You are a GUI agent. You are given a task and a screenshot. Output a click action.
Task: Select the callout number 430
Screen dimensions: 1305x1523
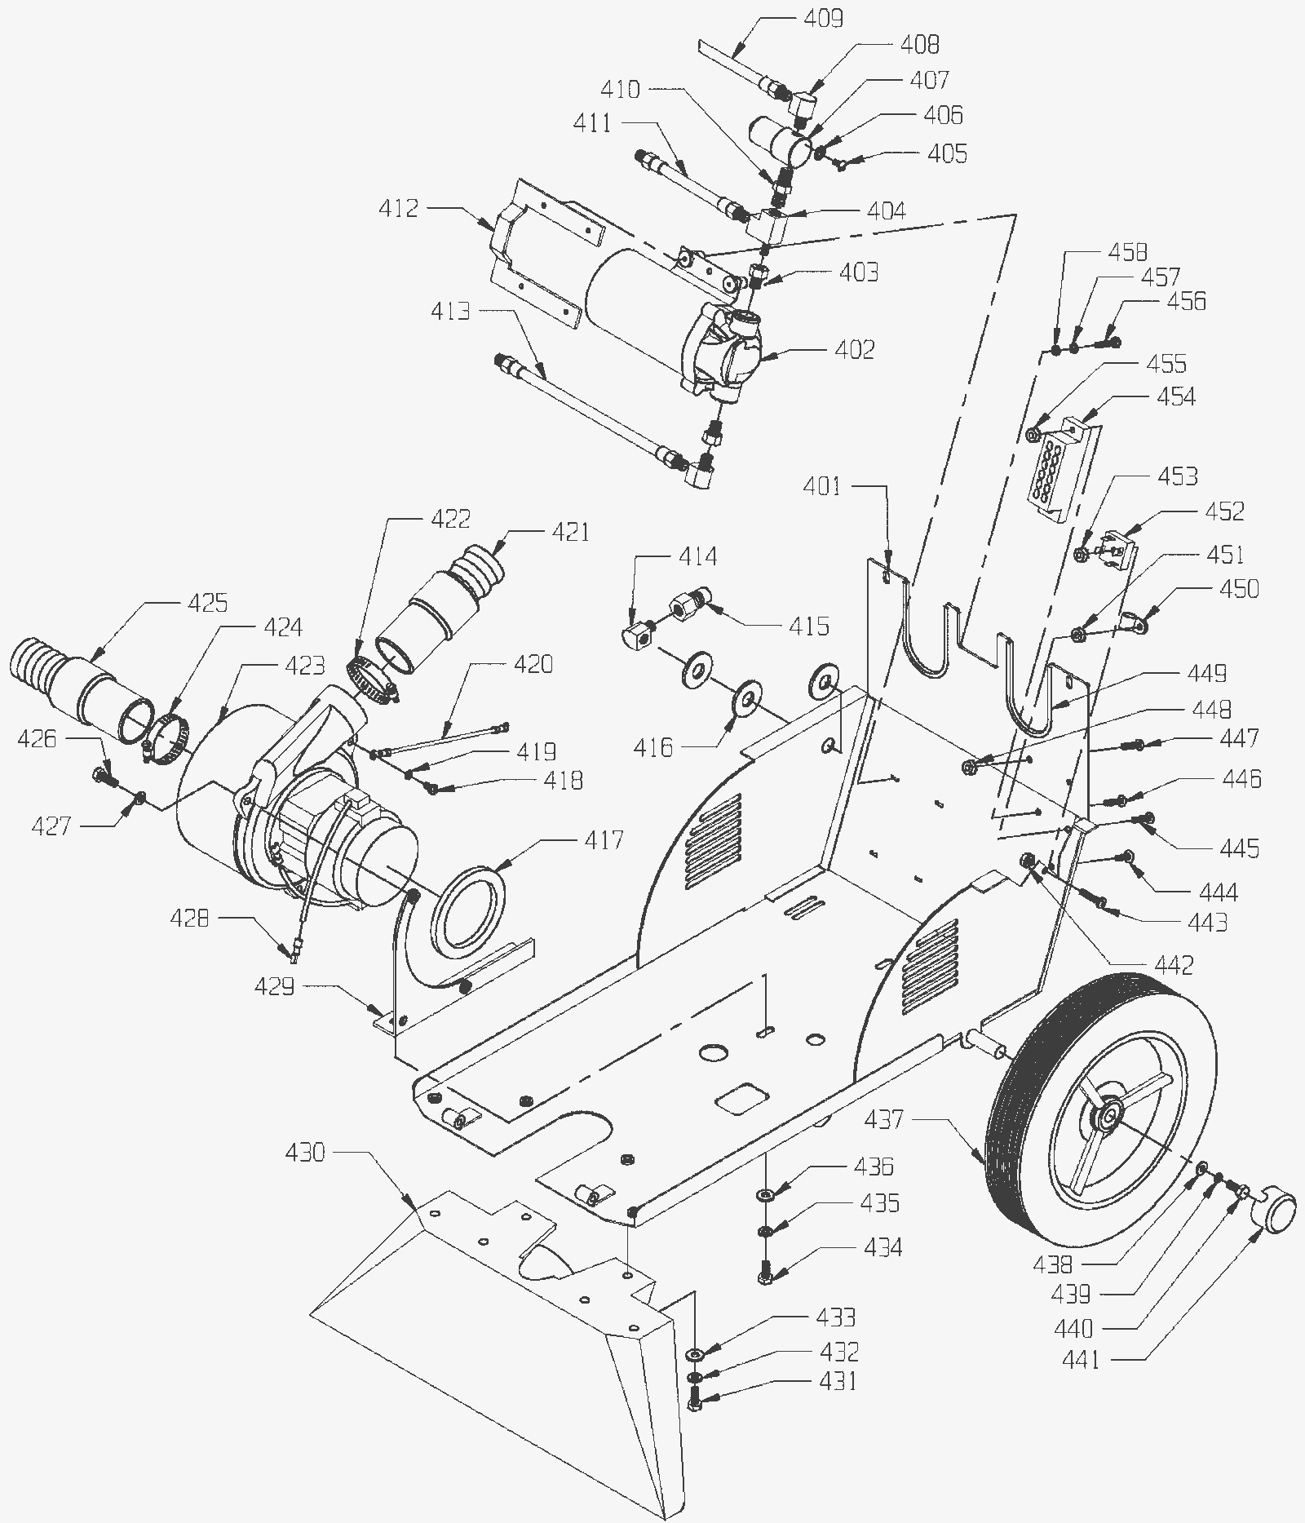point(305,1153)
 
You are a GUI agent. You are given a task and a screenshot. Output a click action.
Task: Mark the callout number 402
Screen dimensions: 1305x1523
point(854,349)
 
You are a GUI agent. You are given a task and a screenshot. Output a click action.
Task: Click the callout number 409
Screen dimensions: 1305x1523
point(823,18)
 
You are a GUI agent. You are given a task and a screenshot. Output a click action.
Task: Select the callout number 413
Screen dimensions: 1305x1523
point(450,311)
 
